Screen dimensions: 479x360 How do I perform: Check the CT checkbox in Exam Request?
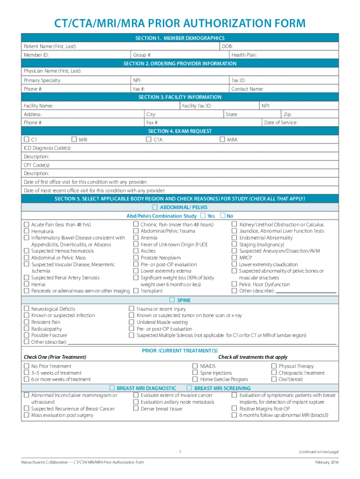click(27, 139)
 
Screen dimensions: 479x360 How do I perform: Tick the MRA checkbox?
click(223, 139)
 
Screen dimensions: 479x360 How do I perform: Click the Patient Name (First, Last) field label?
click(50, 46)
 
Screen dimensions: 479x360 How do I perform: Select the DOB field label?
click(228, 46)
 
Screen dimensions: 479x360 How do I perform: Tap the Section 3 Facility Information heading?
click(180, 97)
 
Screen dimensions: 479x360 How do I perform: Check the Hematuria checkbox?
click(27, 231)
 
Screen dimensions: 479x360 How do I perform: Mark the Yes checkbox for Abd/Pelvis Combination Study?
click(202, 216)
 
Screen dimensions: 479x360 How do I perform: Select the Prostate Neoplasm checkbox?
click(136, 258)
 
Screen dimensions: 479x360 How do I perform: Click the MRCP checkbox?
click(234, 258)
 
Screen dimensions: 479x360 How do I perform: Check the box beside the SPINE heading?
click(172, 300)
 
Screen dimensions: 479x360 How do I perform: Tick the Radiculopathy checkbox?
click(27, 329)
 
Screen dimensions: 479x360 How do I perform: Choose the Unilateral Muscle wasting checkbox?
click(131, 322)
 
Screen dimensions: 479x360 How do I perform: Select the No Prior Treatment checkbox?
click(27, 366)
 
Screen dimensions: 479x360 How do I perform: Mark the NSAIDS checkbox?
click(195, 366)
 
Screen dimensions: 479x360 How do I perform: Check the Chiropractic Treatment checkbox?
click(274, 373)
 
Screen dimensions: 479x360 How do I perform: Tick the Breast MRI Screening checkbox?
click(189, 388)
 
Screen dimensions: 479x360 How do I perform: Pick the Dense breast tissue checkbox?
click(136, 408)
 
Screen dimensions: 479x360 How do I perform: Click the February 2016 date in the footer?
click(327, 463)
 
